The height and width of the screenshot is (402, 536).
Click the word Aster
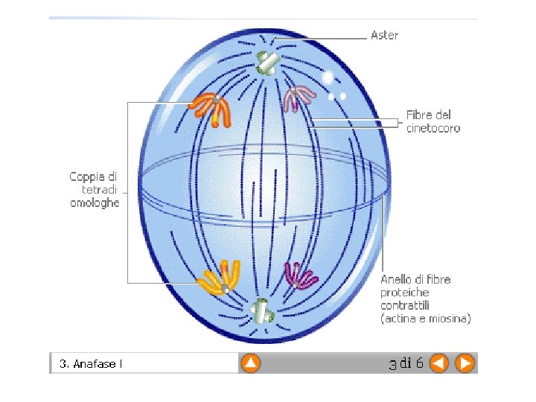pos(384,35)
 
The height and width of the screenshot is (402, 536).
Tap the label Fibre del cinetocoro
pos(433,121)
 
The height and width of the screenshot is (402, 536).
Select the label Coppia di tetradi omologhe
pos(94,189)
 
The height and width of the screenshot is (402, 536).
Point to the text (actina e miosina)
pos(425,319)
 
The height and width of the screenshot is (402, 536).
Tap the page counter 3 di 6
pos(406,363)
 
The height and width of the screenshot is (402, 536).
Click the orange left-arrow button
pos(439,363)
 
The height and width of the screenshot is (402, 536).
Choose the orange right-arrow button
pos(465,363)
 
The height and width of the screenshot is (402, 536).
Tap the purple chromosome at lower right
pos(300,275)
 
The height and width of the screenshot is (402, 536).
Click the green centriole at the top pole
pos(264,63)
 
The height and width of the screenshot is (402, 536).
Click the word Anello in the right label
pos(397,279)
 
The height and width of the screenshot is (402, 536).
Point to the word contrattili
pos(406,306)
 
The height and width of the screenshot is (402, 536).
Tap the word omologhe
pos(95,202)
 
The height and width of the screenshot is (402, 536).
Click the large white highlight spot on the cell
pos(328,77)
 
